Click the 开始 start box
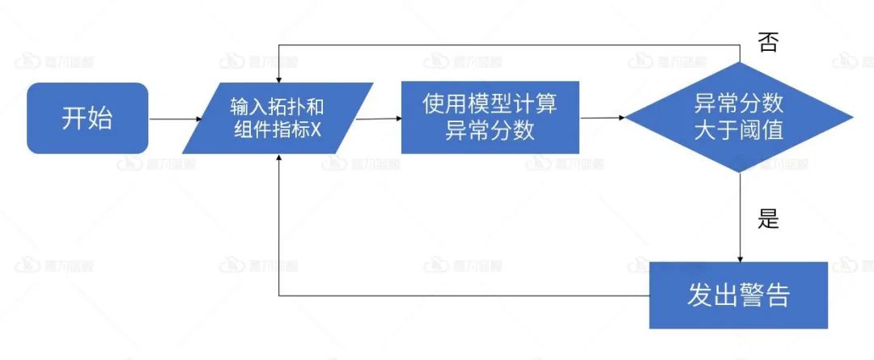(87, 118)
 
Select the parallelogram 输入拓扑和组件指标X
(278, 118)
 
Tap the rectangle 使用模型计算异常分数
(490, 117)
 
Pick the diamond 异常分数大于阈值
(739, 117)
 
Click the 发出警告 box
(738, 295)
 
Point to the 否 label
(768, 42)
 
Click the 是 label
(768, 218)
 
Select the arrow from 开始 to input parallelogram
(175, 119)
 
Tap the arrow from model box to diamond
(602, 118)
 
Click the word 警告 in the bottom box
(764, 295)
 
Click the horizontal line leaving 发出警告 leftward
(461, 294)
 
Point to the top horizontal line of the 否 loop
(510, 43)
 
